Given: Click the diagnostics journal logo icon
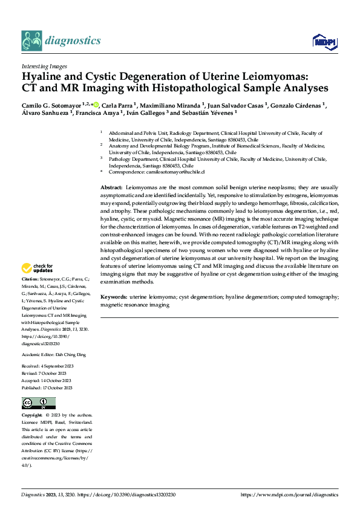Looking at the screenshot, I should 31,41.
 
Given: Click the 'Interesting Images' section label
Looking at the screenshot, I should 44,66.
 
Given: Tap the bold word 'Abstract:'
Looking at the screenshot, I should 111,189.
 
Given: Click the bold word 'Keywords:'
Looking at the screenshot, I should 114,297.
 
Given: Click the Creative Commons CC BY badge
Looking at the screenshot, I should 38,403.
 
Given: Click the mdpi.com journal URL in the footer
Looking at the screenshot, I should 289,494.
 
